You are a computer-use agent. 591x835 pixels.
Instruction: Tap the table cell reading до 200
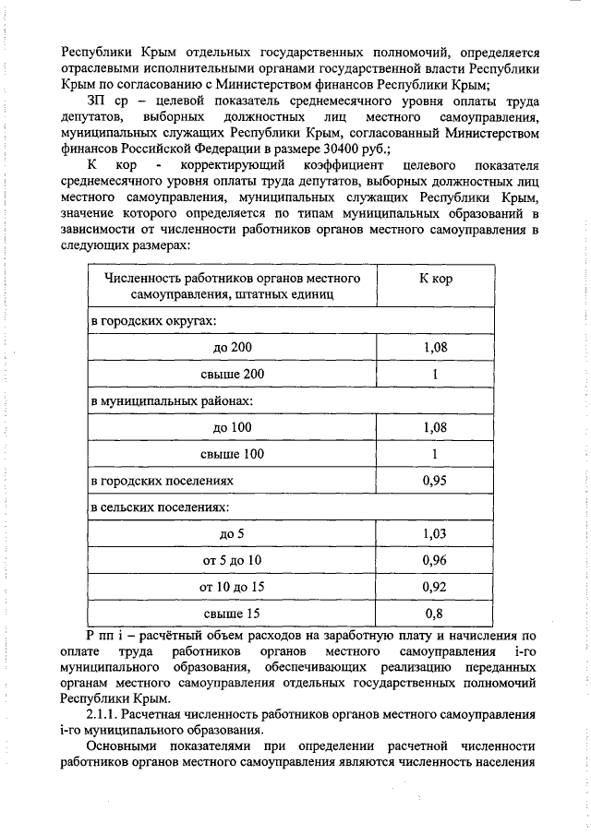[232, 347]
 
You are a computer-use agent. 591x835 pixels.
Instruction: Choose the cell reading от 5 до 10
[232, 560]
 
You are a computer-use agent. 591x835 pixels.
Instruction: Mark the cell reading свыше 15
[232, 613]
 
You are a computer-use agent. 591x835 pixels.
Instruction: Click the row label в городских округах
[152, 320]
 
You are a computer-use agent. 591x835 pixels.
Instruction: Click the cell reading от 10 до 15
[232, 586]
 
